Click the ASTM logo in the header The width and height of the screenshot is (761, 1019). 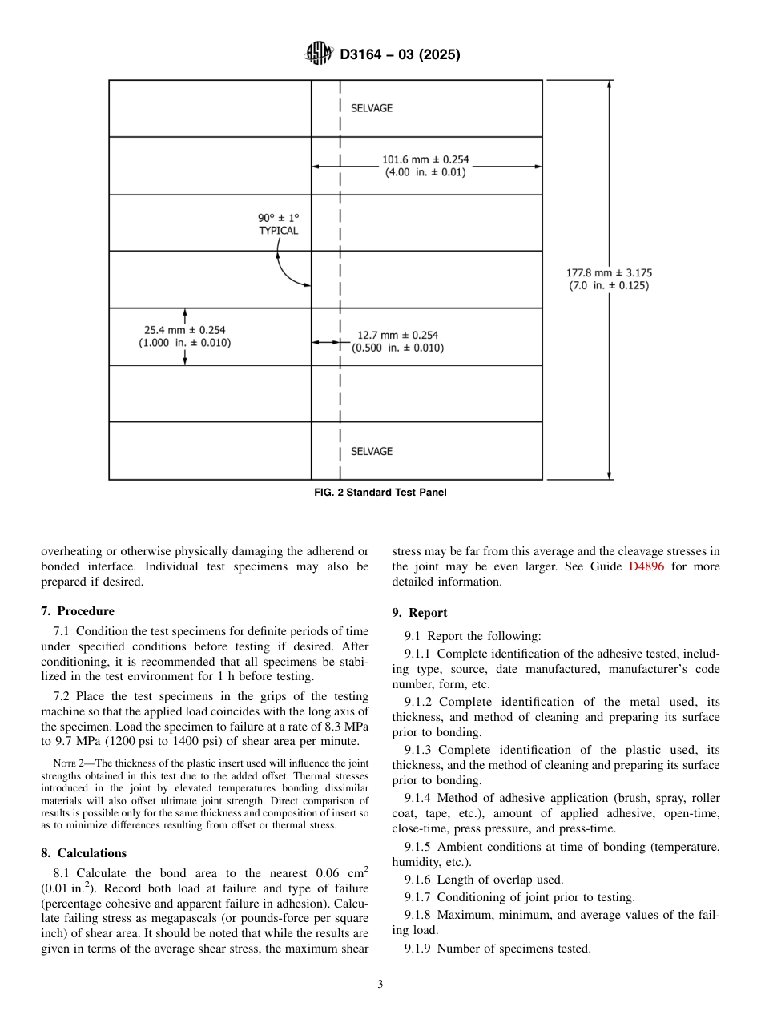tap(318, 54)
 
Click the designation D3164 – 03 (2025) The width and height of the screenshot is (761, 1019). tap(400, 54)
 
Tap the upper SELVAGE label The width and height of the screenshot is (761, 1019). tap(372, 108)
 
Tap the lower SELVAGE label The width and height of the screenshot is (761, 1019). tap(372, 451)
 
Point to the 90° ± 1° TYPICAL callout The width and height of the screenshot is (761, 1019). tap(278, 224)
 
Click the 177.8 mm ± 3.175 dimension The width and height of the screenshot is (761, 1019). tap(609, 279)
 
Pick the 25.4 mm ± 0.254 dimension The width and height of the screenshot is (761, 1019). tap(185, 336)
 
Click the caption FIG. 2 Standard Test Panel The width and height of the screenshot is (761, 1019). tap(380, 493)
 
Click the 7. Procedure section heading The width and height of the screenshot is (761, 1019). tap(78, 611)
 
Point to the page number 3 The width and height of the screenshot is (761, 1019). tap(380, 985)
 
